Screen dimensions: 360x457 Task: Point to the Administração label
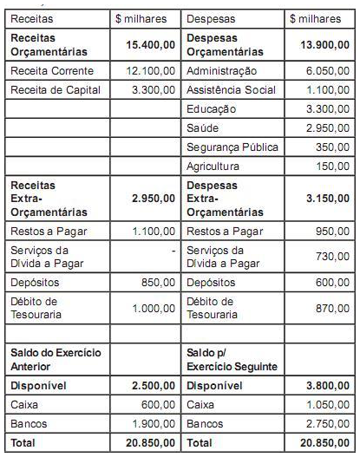[x=221, y=69]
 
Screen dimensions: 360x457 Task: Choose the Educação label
[x=212, y=108]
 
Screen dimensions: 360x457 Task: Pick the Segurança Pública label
[x=227, y=147]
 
